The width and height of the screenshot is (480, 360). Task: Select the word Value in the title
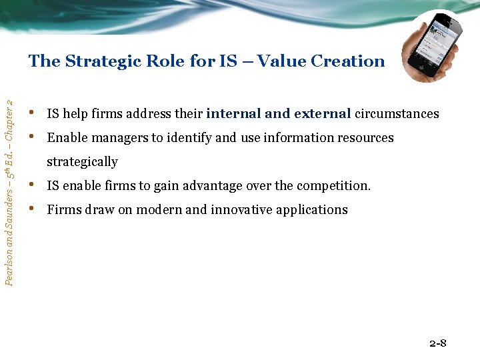(278, 61)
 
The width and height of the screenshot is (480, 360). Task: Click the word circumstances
(397, 113)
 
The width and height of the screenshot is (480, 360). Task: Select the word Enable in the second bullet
(64, 138)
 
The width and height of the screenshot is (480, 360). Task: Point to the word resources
(365, 138)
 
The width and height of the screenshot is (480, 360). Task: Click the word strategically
(82, 162)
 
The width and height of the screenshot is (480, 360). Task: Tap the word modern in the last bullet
(161, 210)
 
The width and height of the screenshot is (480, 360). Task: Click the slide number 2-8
(438, 344)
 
